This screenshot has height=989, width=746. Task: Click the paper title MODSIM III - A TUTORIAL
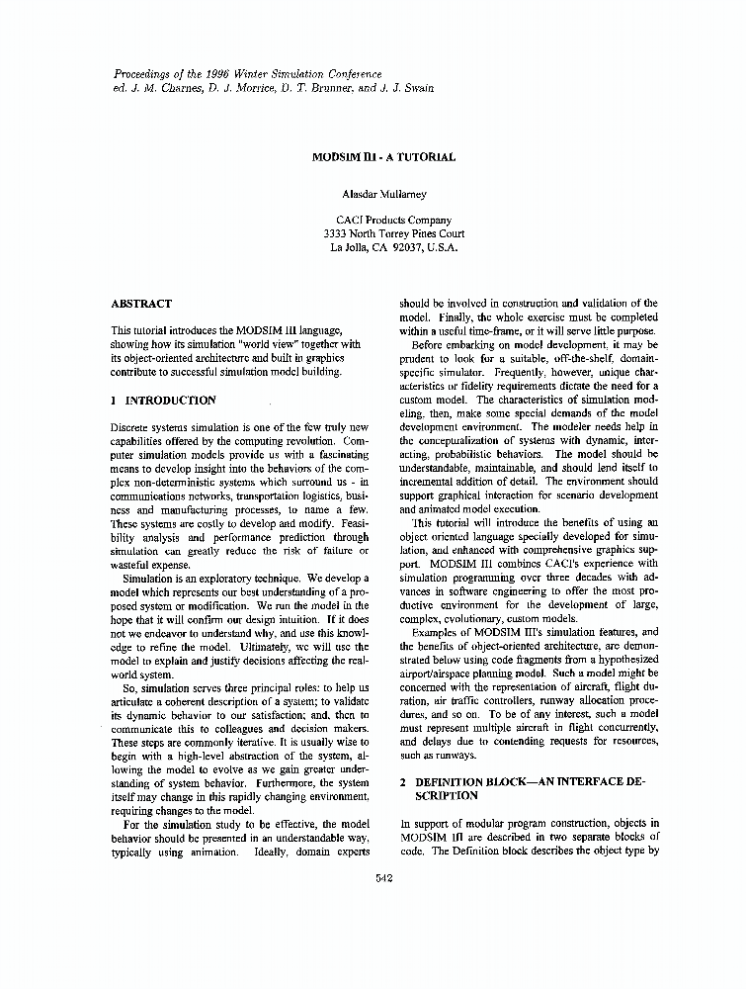tap(384, 156)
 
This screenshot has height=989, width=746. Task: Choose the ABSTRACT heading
tap(141, 304)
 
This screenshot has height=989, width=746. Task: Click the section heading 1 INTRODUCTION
tap(163, 400)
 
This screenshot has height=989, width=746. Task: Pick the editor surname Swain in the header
tap(416, 88)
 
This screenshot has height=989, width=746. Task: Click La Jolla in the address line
tap(347, 248)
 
